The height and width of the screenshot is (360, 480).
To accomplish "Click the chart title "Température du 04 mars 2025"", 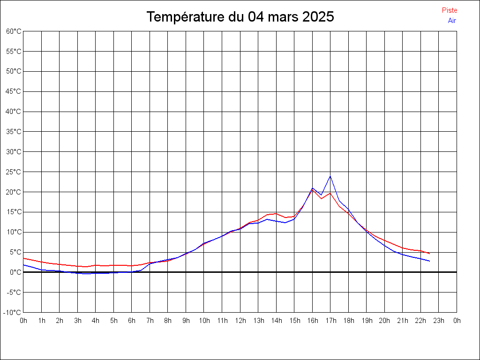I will [x=240, y=17].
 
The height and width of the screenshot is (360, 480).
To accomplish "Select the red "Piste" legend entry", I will [x=450, y=10].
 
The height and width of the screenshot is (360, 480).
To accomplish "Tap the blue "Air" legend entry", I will [x=452, y=21].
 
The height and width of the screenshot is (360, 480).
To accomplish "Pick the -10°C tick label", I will [x=13, y=313].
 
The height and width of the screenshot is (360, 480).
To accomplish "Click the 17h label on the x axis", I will [x=330, y=321].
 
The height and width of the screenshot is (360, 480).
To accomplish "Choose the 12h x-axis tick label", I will [x=240, y=321].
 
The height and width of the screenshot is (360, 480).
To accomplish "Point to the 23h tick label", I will [x=439, y=321].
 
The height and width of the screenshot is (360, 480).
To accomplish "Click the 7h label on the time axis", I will [x=150, y=321].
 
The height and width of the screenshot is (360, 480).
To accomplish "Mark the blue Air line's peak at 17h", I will [x=330, y=176].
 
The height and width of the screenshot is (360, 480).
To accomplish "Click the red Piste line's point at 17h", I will [x=330, y=193].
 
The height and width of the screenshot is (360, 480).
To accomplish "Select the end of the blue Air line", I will [x=429, y=261].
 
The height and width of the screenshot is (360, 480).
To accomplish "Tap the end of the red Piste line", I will [x=429, y=254].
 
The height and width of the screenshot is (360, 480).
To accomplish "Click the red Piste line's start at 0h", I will [x=23, y=258].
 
